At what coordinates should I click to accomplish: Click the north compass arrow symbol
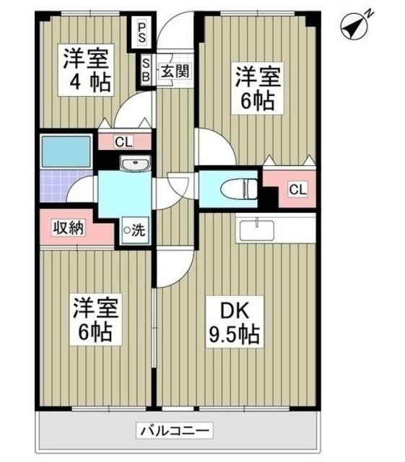[351, 27]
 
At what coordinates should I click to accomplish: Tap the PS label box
[143, 32]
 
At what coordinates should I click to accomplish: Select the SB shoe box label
[144, 70]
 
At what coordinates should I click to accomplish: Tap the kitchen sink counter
[256, 230]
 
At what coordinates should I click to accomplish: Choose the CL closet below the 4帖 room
[123, 141]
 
